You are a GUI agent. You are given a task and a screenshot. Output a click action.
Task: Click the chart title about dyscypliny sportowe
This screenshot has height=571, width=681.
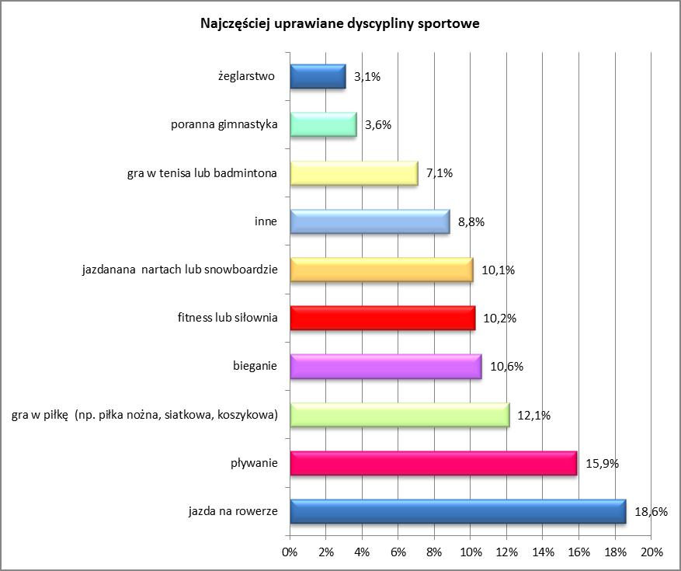(340, 24)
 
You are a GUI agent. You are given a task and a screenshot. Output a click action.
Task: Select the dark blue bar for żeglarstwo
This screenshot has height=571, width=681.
(318, 77)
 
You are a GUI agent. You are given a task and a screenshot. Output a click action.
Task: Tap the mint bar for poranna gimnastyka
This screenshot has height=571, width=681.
(323, 125)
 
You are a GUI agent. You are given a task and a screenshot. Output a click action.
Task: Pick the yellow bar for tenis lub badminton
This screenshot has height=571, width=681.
(354, 173)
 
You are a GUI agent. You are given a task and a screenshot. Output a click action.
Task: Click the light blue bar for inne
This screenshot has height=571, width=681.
(370, 221)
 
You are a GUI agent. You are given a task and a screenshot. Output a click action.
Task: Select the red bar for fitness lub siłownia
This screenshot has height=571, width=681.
(382, 319)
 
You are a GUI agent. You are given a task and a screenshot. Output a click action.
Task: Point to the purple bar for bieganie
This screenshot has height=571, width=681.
(386, 367)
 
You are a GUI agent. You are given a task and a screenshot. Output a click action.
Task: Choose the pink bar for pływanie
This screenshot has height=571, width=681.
(433, 464)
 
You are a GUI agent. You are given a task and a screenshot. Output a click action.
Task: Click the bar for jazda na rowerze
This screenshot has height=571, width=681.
(457, 512)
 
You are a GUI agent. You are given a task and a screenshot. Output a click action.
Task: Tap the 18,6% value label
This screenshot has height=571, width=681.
(651, 512)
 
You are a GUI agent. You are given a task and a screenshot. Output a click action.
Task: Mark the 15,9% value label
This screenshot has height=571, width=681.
(602, 464)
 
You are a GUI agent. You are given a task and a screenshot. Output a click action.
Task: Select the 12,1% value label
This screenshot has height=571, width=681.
(533, 416)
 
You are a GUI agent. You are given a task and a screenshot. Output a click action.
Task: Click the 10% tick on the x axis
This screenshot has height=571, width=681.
(471, 552)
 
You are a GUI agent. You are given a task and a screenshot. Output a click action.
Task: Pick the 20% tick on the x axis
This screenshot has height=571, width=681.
(651, 552)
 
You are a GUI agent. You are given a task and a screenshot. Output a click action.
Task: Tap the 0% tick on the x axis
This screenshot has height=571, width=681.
(290, 552)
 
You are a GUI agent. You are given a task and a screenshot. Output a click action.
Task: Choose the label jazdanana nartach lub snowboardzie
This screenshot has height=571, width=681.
(179, 270)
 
